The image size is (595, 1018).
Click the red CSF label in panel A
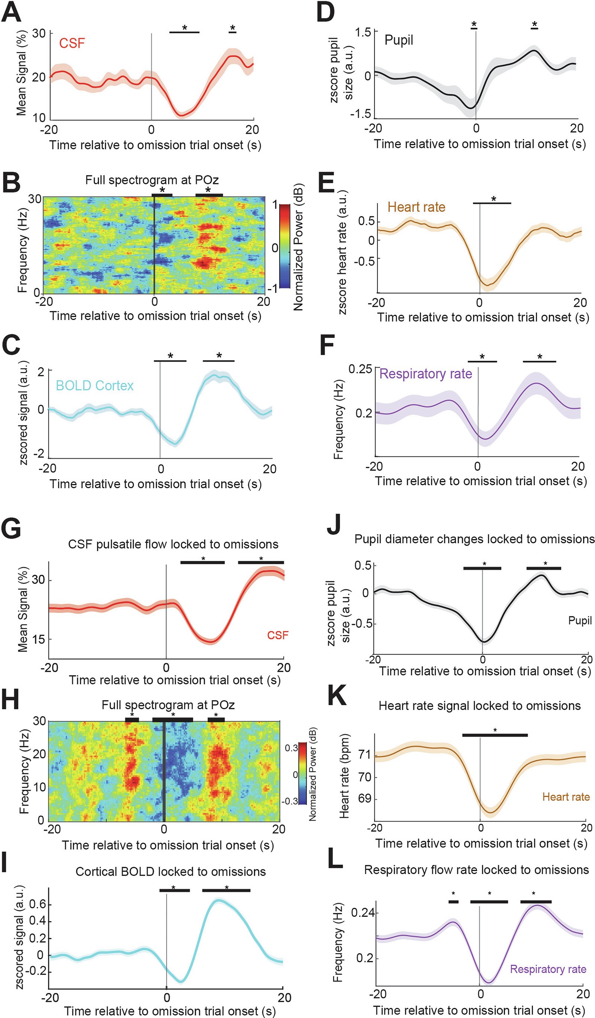pos(72,43)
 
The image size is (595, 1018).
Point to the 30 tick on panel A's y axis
pos(39,33)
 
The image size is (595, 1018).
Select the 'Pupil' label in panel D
pos(398,40)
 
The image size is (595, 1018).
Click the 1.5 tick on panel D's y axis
pos(362,32)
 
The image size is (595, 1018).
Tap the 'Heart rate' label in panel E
pos(416,207)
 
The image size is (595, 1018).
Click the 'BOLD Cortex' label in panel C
pos(94,386)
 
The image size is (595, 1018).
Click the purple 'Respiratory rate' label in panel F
pos(426,374)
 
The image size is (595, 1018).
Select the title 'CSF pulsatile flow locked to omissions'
pos(173,544)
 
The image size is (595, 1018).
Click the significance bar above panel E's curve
pos(492,203)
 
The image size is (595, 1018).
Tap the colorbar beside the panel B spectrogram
pos(285,246)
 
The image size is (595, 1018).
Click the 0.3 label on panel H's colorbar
pos(291,748)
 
